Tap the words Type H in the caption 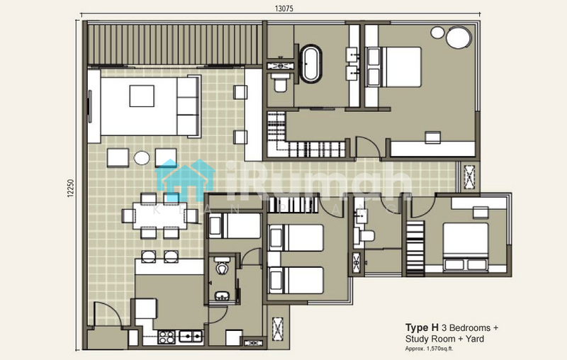pyautogui.click(x=422, y=328)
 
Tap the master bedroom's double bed pyautogui.click(x=394, y=67)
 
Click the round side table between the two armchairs pyautogui.click(x=142, y=157)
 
